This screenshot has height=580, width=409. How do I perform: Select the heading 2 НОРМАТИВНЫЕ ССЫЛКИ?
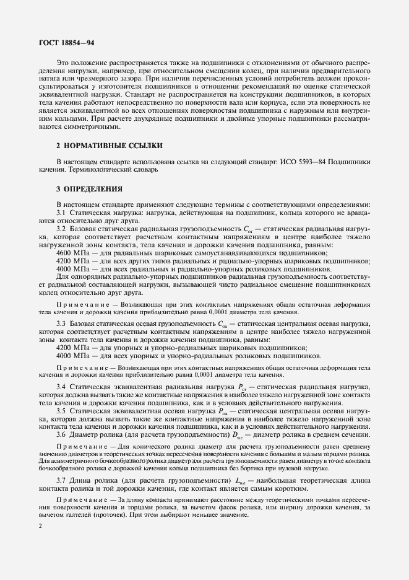[110, 146]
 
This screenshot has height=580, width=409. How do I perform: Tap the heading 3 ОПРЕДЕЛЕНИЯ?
[90, 188]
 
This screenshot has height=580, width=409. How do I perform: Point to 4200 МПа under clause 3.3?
[72, 348]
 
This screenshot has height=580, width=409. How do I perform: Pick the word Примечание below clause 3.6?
[77, 446]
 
